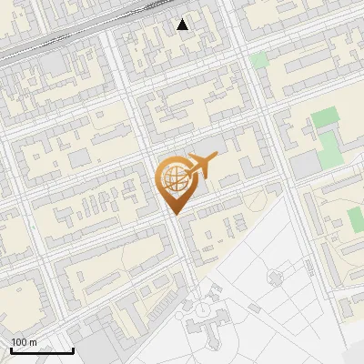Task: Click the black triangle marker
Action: pyautogui.click(x=183, y=25)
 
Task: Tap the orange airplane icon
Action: pyautogui.click(x=201, y=165)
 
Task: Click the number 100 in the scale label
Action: pyautogui.click(x=20, y=342)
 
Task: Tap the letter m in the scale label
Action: pyautogui.click(x=33, y=342)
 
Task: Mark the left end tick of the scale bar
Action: pyautogui.click(x=11, y=350)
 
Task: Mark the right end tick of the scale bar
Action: pyautogui.click(x=73, y=350)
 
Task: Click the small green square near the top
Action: pyautogui.click(x=259, y=60)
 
